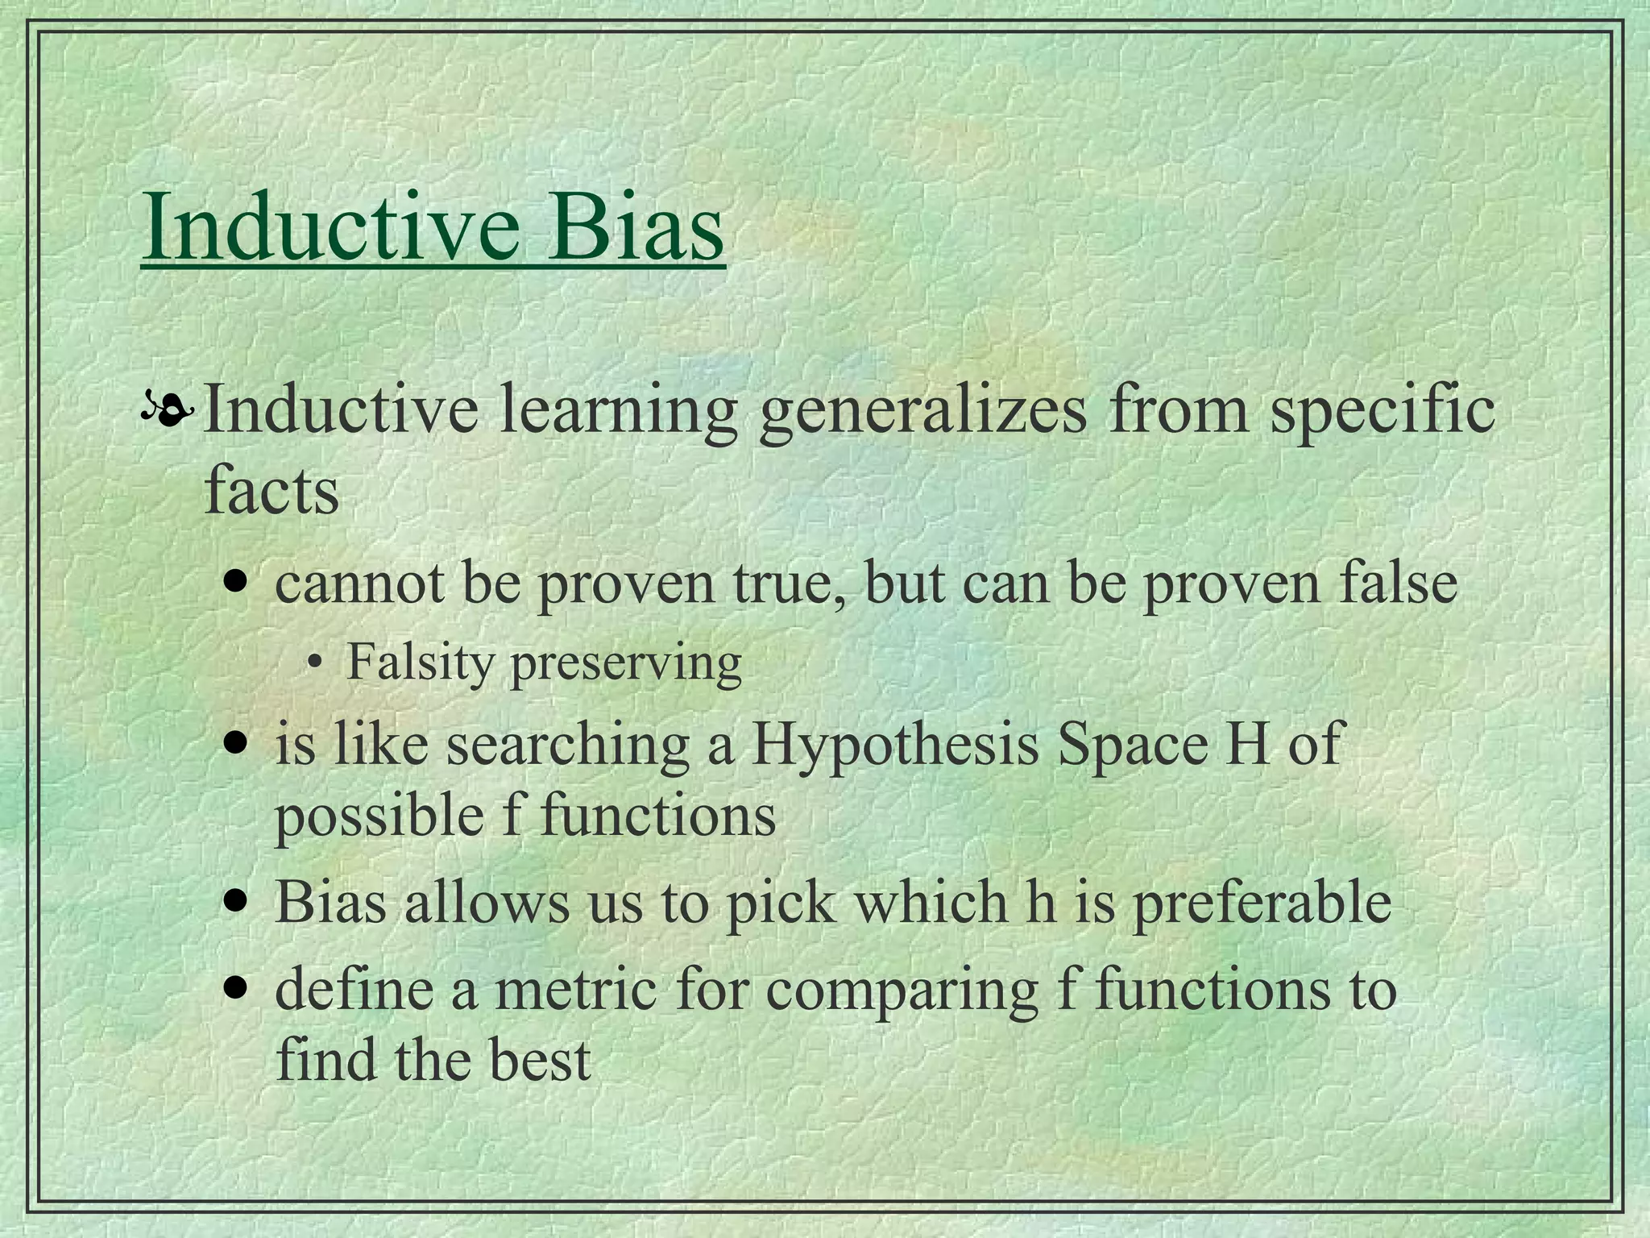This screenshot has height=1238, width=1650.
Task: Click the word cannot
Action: [359, 583]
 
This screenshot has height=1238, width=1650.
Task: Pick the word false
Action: [1398, 583]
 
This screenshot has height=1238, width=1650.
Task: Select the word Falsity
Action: [420, 663]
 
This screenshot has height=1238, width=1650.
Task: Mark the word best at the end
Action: [540, 1061]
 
